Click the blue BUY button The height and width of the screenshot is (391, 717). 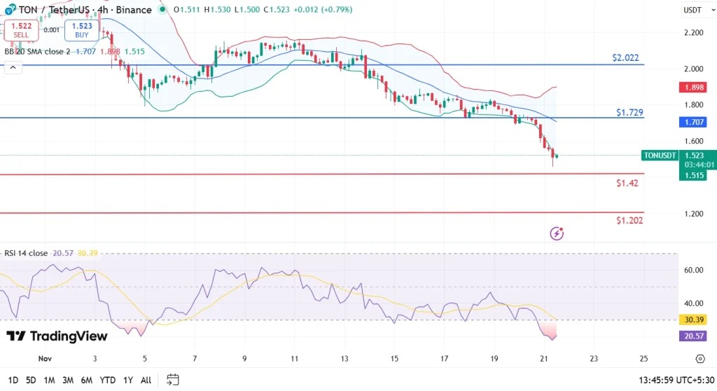[x=81, y=29]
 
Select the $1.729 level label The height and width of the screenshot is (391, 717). [x=629, y=112]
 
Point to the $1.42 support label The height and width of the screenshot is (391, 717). [x=627, y=183]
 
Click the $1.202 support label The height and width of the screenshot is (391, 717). [x=629, y=220]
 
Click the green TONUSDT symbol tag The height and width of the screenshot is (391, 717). [x=660, y=156]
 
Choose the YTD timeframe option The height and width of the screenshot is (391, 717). [x=107, y=380]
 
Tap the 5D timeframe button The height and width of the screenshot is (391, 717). [x=31, y=380]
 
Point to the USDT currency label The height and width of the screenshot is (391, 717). [x=692, y=10]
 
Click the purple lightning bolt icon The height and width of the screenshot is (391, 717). [x=557, y=233]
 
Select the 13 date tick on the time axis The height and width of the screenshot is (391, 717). [x=344, y=359]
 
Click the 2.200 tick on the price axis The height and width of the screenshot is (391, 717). [x=694, y=32]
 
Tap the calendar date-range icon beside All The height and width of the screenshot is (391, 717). [x=172, y=380]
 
